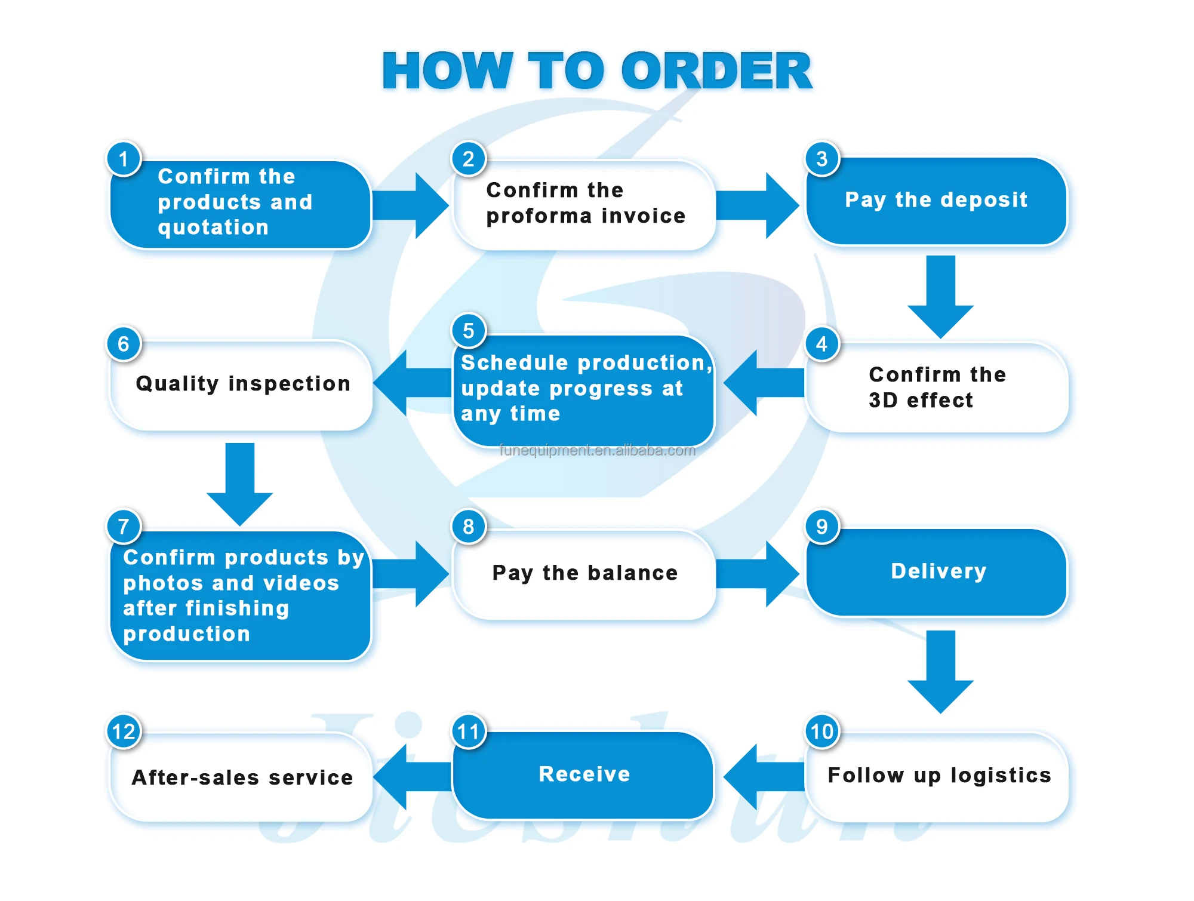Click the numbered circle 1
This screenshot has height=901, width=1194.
(x=124, y=159)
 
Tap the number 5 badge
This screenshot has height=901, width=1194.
(x=469, y=330)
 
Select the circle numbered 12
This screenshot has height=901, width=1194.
(x=124, y=731)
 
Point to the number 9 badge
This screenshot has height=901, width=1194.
(x=822, y=526)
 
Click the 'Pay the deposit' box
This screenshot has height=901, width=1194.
(x=936, y=201)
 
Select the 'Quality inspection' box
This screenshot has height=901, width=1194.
(x=241, y=386)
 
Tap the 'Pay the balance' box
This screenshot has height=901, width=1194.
(x=584, y=574)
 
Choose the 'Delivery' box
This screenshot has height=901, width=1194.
(x=936, y=572)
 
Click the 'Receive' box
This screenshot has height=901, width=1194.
(x=583, y=776)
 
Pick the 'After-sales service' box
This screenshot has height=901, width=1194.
(x=241, y=777)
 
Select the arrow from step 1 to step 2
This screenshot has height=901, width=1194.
(x=411, y=206)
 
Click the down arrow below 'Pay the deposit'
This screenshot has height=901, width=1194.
(x=941, y=297)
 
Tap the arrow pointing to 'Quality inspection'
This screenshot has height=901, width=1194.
(x=413, y=383)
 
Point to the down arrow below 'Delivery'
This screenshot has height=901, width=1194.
(x=941, y=672)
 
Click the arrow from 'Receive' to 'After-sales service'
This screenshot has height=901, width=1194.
(x=413, y=777)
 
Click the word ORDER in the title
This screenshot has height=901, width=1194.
(x=716, y=71)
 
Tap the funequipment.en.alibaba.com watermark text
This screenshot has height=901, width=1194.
(x=598, y=450)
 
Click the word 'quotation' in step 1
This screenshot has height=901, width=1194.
(x=213, y=228)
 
